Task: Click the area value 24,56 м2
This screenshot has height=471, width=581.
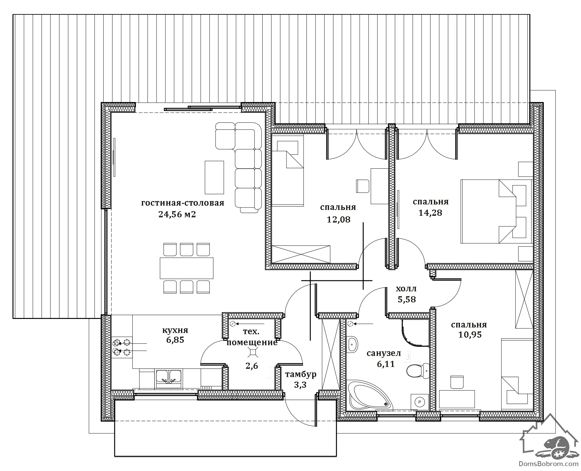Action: coord(177,215)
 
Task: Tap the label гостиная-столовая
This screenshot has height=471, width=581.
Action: coord(183,203)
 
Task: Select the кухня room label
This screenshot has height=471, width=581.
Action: coord(175,330)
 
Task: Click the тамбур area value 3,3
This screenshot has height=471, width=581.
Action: coord(300,385)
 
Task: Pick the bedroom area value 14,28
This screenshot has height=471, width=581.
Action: coord(430,213)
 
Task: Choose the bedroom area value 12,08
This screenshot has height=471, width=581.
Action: coord(338,219)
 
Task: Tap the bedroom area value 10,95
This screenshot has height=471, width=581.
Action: coord(470,335)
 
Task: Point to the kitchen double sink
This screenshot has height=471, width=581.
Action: coord(169,379)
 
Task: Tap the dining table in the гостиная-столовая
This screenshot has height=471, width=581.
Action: coord(187,268)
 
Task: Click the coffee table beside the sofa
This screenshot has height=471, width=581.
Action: coord(214,177)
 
